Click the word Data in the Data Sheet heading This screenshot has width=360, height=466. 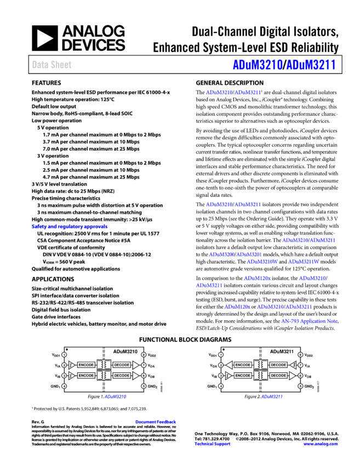coord(39,65)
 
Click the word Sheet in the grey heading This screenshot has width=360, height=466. coord(61,65)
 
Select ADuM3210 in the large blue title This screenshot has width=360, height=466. coord(258,65)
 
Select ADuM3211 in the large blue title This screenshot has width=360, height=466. coord(311,65)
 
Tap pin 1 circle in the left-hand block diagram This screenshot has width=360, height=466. coord(64,355)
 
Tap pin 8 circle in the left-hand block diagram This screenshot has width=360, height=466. coord(144,355)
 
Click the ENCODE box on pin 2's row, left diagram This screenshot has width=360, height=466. coord(86,365)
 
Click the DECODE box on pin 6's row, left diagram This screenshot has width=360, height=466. coord(122,376)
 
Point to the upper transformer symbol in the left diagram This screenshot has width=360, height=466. coord(104,365)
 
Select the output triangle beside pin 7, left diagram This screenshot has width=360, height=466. coord(135,365)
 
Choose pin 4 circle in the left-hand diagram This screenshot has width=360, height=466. coord(64,386)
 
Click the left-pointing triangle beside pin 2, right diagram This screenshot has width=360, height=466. coord(228,365)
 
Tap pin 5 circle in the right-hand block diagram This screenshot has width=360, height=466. coord(300,386)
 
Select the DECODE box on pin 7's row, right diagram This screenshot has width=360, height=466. coord(278,365)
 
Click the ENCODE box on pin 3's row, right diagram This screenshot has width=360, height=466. coord(243,376)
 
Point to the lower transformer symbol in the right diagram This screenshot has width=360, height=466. coord(261,376)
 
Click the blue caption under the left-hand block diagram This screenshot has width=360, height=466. coord(116,396)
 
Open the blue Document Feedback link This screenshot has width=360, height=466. coord(156,422)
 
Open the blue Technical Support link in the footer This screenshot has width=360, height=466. coord(212,444)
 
